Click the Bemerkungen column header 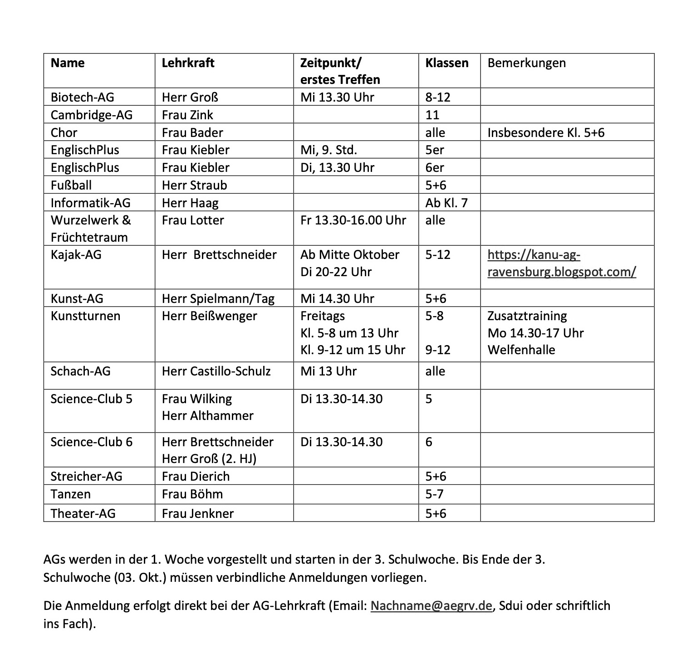tap(526, 63)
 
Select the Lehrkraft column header tap(188, 63)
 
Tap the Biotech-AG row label tap(82, 97)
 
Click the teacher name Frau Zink tap(187, 115)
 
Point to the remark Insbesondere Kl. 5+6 tap(546, 132)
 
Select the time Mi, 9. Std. tap(328, 150)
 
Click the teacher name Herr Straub tap(194, 185)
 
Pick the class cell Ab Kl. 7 tap(446, 203)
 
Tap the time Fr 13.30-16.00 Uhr tap(353, 220)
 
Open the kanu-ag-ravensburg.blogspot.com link tap(561, 263)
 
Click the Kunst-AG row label tap(77, 298)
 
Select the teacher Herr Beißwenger tap(209, 316)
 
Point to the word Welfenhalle tap(521, 350)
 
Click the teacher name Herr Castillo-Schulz tap(216, 371)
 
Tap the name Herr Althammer tap(207, 416)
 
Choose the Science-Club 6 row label tap(91, 442)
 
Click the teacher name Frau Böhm tap(192, 494)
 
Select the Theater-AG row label tap(83, 513)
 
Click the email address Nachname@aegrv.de tap(431, 606)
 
